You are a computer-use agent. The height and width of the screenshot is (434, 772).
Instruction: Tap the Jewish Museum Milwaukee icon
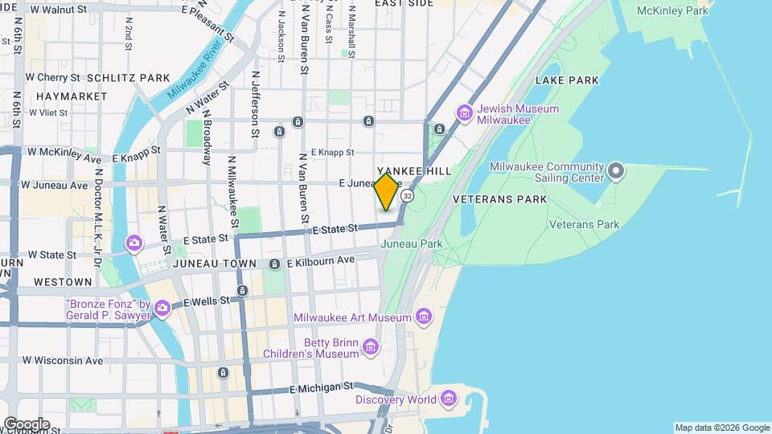coord(464,112)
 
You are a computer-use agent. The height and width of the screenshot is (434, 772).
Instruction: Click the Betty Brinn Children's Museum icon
coord(370,346)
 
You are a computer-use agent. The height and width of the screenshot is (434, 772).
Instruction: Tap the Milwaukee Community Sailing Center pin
coord(616,170)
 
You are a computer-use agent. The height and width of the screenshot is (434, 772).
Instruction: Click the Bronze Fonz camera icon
coord(162,308)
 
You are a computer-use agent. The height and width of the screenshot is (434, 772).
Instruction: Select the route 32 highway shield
coord(409,196)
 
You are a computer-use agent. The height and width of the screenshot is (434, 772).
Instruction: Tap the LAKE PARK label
coord(567,80)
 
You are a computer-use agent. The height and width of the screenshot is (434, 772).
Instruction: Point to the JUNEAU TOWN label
coord(219,264)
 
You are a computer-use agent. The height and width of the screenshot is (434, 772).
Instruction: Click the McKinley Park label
coord(673,11)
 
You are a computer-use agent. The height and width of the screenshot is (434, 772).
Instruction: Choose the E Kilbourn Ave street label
coord(320,261)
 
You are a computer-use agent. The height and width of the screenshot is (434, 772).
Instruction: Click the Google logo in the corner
coord(27,424)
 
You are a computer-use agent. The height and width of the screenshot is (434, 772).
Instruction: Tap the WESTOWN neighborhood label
coord(63,282)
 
